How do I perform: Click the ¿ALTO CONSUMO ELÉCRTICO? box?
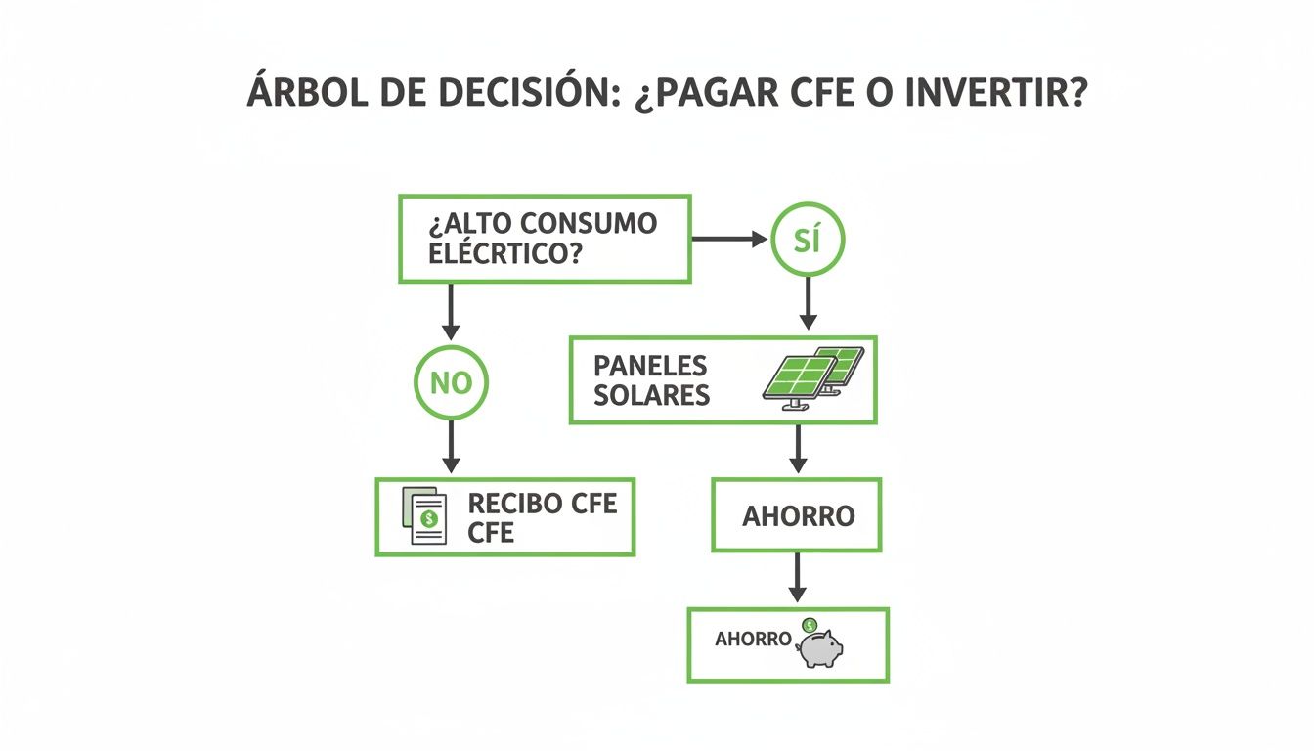pos(545,239)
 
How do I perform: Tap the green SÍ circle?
pos(807,239)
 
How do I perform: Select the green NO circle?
pos(450,382)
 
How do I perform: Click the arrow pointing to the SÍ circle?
pos(729,239)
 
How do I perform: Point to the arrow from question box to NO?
pos(450,313)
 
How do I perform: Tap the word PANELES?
pos(649,367)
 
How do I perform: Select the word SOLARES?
pos(651,396)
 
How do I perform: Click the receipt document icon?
pos(425,516)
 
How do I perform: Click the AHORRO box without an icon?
pos(797,515)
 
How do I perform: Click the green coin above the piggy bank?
pos(810,625)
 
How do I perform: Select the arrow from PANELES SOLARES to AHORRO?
pos(797,450)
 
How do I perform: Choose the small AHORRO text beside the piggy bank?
pos(753,640)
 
